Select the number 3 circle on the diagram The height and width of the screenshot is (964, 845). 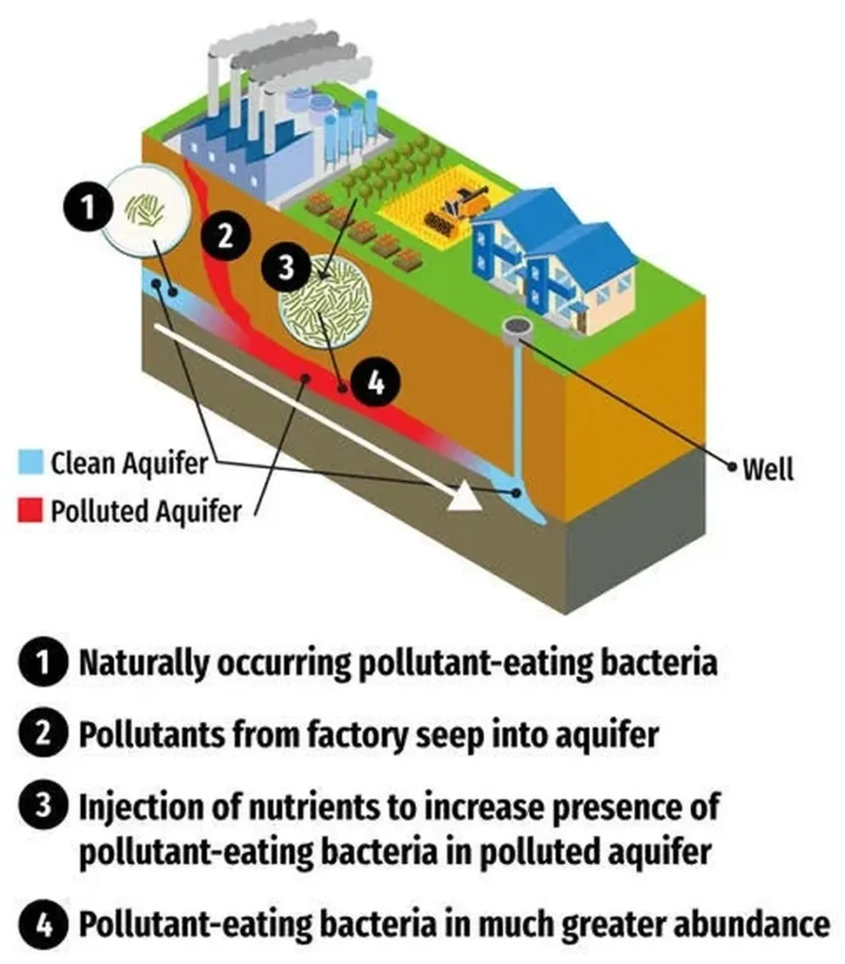[x=285, y=266]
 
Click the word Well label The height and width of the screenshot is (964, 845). [x=768, y=468]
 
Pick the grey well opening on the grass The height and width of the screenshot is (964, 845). [x=516, y=327]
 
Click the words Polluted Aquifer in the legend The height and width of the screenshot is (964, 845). [x=146, y=511]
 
